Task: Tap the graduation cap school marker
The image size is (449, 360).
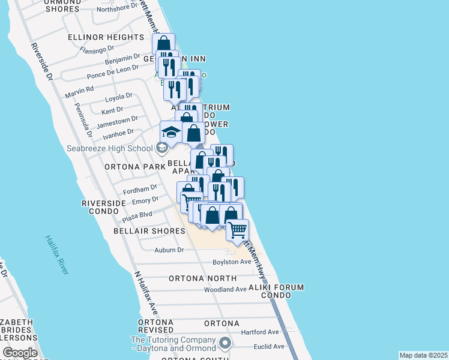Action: pos(171,131)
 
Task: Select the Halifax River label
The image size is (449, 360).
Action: pos(56,254)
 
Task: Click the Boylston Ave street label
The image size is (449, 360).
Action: pos(232,262)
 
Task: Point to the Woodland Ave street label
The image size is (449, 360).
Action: pos(225,289)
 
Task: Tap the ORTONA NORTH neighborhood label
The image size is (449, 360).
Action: pos(202,278)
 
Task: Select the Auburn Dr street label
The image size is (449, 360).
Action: pos(169,250)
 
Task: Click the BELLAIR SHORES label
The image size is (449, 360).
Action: pos(149,231)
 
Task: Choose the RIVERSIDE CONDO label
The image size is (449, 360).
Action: pos(104,207)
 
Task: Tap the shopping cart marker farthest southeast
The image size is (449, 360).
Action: pos(238,229)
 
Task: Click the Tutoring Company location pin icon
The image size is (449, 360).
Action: pos(225,343)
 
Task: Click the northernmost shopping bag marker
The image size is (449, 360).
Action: pos(163,44)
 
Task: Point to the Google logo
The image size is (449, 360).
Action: pos(20,353)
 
